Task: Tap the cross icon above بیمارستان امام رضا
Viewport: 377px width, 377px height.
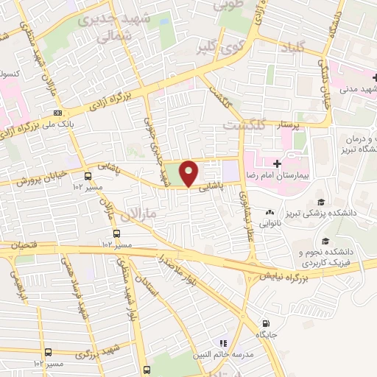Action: tap(277, 163)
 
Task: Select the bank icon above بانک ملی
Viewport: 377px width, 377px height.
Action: tap(57, 113)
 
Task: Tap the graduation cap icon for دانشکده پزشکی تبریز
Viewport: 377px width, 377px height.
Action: tap(321, 202)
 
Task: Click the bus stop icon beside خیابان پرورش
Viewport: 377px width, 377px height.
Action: tap(88, 176)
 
